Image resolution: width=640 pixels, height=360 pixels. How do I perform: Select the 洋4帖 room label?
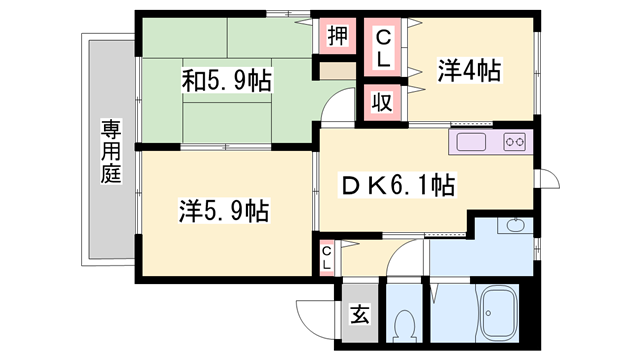pos(470,71)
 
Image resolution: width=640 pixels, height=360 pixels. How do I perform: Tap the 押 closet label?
pos(338,37)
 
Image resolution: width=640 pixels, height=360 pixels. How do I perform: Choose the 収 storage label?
pos(382,101)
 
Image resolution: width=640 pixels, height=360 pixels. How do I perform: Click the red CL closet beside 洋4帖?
pos(382,47)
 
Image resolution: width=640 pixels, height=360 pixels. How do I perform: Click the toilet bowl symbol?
pos(406,325)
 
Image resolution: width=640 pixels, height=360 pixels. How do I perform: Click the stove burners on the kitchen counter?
pos(515,142)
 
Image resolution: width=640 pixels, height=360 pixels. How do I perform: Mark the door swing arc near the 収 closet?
pos(343,106)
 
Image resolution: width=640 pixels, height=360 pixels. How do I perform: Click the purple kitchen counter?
pos(490,142)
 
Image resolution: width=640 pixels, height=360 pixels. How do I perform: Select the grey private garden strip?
pos(109,150)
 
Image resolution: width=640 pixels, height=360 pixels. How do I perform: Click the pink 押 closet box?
pos(338,37)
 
